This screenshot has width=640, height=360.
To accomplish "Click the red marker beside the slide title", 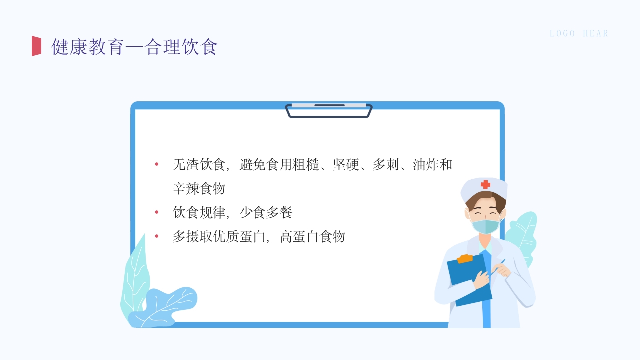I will coord(36,46).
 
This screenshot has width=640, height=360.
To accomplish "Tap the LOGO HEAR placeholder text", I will coord(579,34).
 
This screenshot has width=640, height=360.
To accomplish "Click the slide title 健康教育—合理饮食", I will coord(134,47).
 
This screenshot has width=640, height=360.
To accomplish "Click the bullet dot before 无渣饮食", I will coord(157,164).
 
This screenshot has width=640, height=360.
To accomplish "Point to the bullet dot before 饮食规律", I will coord(157,212).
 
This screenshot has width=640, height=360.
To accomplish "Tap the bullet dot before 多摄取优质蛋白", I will coord(157,236).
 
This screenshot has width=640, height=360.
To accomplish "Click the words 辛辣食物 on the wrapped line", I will coord(199,188).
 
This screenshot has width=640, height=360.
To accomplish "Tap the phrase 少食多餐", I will coord(266,212).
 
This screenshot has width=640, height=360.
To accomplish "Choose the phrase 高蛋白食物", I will coord(312,236).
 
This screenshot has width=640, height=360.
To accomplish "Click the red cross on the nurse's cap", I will coord(485,185).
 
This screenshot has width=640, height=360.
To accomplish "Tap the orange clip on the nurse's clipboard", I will coord(465,259).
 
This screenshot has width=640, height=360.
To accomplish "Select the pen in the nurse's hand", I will coord(497,267).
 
